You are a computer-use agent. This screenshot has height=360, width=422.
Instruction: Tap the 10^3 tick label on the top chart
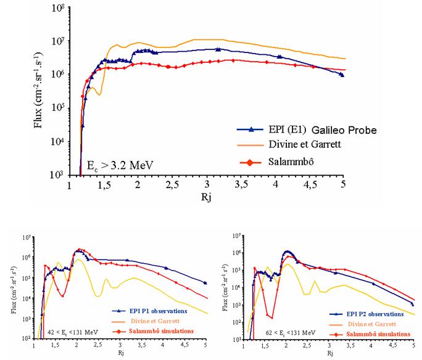point(58,175)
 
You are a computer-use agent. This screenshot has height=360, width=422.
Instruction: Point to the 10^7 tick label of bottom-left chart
point(25,238)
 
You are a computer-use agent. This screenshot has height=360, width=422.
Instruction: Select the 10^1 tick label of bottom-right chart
point(236,340)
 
